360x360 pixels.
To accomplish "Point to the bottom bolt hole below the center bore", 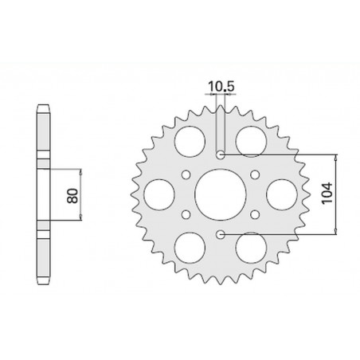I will coord(221,234).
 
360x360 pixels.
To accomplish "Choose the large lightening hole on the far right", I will coord(283,194).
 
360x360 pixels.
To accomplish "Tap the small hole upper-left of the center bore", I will coord(185,173).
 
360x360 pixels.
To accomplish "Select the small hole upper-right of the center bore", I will coord(256,173).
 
